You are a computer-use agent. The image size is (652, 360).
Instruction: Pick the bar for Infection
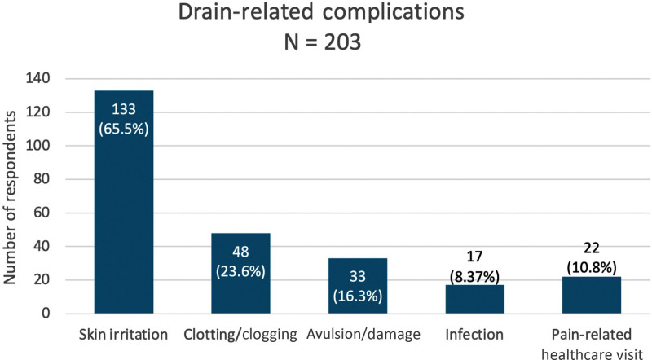pyautogui.click(x=474, y=300)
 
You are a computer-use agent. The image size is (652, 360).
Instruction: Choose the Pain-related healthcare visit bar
pyautogui.click(x=591, y=296)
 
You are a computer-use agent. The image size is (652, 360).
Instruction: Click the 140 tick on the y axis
pyautogui.click(x=39, y=79)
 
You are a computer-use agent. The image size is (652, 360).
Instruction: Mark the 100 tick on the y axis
pyautogui.click(x=39, y=146)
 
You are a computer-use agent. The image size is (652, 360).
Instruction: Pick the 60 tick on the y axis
pyautogui.click(x=42, y=213)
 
